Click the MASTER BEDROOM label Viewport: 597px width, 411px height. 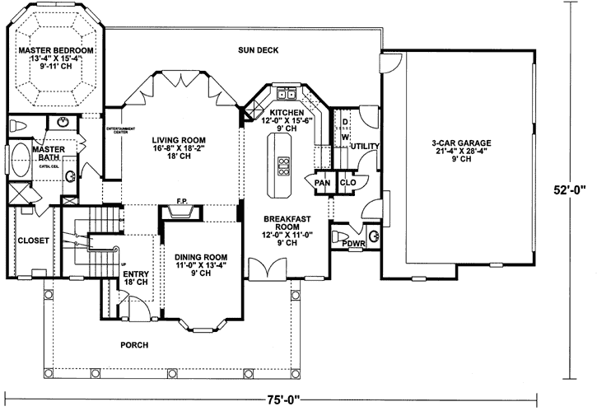56,51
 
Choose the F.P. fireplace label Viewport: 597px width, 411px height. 182,201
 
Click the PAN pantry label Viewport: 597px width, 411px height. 322,183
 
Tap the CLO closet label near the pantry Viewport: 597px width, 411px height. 347,183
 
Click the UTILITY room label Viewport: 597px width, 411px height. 364,146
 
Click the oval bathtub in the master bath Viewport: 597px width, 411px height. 19,161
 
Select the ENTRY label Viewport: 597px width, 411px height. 134,274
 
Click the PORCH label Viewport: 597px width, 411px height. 133,345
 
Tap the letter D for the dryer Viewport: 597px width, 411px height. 344,121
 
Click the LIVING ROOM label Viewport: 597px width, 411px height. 178,139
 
